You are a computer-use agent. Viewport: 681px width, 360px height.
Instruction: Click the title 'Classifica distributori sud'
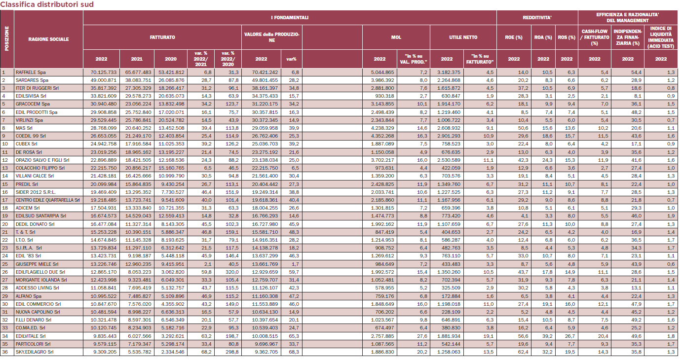click(47, 4)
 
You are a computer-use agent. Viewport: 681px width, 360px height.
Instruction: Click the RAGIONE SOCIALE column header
click(49, 39)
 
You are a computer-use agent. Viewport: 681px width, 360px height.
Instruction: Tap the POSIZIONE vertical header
click(7, 38)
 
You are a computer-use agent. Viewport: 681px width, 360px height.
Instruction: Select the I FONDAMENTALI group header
click(289, 18)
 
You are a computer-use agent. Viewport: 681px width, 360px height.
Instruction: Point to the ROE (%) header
click(514, 37)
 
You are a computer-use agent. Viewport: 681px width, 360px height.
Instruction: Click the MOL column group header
click(396, 37)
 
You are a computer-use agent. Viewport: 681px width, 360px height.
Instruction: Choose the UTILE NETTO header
click(463, 37)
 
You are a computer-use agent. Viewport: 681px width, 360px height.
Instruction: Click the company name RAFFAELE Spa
click(31, 72)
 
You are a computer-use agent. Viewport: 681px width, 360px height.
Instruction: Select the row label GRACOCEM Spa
click(33, 104)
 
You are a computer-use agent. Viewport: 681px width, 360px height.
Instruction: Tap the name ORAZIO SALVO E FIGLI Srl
click(42, 160)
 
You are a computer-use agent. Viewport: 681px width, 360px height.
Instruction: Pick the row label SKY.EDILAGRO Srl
click(35, 352)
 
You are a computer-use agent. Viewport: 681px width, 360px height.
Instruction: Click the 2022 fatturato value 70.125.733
click(103, 72)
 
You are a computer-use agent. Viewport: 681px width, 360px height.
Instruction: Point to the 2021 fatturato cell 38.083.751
click(138, 80)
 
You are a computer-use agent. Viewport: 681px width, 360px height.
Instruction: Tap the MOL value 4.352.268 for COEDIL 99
click(382, 136)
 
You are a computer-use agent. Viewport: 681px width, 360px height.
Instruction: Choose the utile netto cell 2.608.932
click(449, 128)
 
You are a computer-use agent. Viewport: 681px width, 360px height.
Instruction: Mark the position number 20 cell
click(4, 224)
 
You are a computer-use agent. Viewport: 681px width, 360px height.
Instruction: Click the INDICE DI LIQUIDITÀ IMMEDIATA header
click(661, 37)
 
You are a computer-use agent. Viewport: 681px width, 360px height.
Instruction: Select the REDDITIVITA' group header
click(537, 18)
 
